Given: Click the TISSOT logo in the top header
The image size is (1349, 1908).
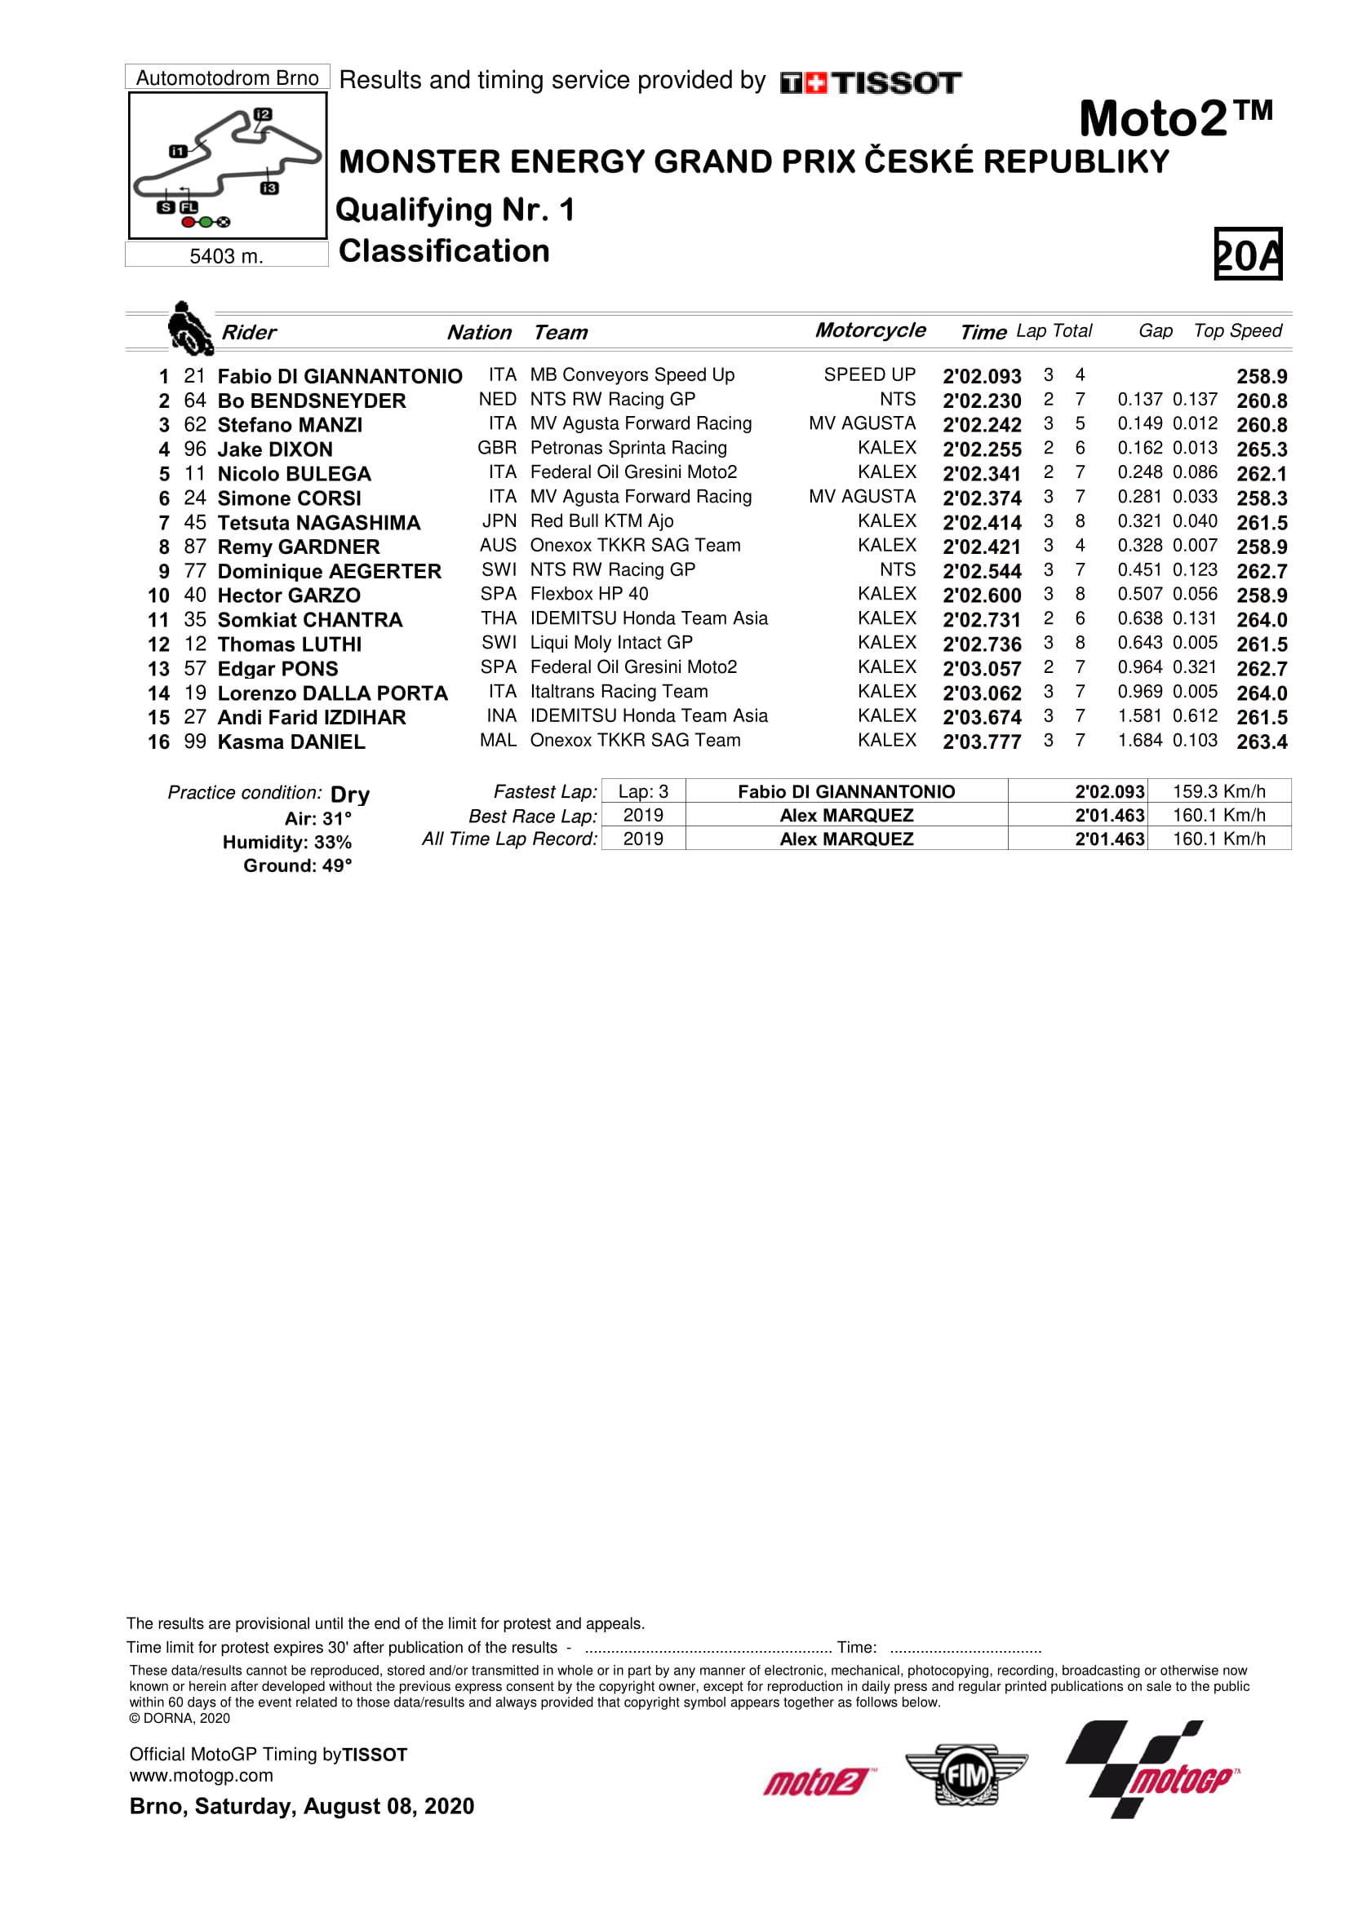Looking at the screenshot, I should [870, 83].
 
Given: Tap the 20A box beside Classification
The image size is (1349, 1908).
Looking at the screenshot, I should [1248, 255].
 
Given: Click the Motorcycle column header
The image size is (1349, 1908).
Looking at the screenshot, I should [869, 330].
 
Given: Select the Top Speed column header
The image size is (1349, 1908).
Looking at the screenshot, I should [1237, 330].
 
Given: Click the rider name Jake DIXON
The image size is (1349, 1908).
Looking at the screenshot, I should [274, 449].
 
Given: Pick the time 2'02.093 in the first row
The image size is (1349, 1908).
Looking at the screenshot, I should [981, 376].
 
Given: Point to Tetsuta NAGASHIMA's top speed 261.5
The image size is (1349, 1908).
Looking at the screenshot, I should [1261, 523].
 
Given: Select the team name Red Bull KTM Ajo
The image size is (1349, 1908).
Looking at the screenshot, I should [601, 521].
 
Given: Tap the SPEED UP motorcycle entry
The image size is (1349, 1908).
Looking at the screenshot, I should [868, 374].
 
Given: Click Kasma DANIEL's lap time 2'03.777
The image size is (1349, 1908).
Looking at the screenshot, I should [981, 742].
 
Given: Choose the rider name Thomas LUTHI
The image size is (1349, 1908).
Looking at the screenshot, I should [289, 645].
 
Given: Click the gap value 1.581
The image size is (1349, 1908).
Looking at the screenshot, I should [1138, 716].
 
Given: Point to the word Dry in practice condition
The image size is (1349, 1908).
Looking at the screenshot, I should [350, 795].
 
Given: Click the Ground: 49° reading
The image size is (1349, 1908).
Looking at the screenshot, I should [298, 866].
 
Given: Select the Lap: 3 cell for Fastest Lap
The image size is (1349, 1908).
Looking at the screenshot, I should [642, 792].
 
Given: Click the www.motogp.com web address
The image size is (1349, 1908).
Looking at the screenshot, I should [201, 1776].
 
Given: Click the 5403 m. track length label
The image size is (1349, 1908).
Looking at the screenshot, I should [226, 256].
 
